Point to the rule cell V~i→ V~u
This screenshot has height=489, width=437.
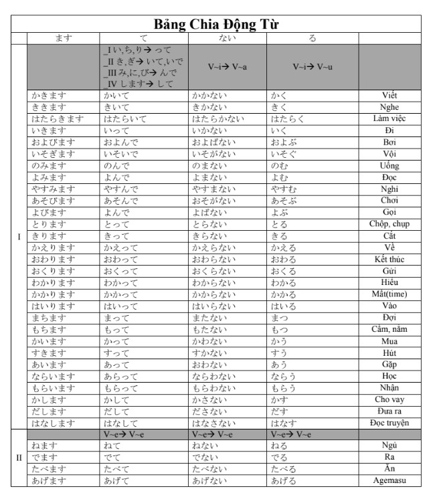click(311, 67)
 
